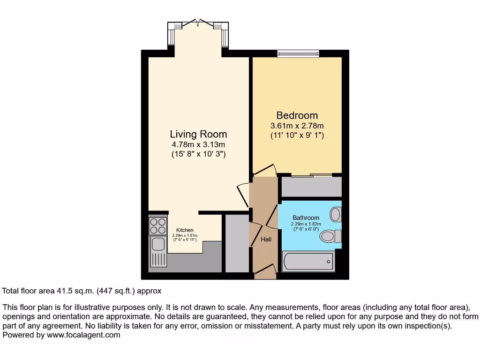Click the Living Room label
coord(198,134)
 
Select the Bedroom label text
coord(297,115)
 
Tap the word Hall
coord(266,240)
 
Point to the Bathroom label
coord(306,218)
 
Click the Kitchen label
coord(185,230)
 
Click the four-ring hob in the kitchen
coord(158,226)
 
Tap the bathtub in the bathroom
coord(308,261)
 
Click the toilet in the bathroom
coord(330,237)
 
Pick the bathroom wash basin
coord(335,215)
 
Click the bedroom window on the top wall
coord(298,54)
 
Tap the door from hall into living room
coord(243,195)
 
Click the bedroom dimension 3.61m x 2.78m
coord(297,126)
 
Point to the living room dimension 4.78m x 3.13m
coord(198,144)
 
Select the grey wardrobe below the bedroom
coord(311,187)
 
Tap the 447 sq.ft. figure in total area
coord(115,291)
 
